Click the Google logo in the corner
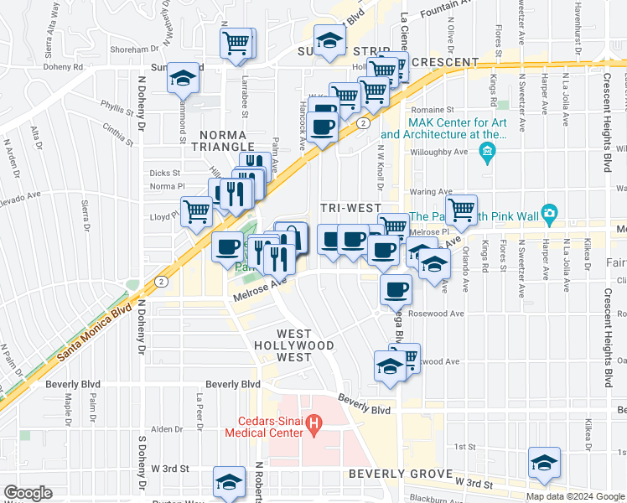pos(28,492)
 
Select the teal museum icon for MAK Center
pos(485,152)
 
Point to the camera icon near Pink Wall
pos(549,212)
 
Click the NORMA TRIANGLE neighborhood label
pos(223,141)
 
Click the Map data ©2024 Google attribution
pos(575,495)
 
